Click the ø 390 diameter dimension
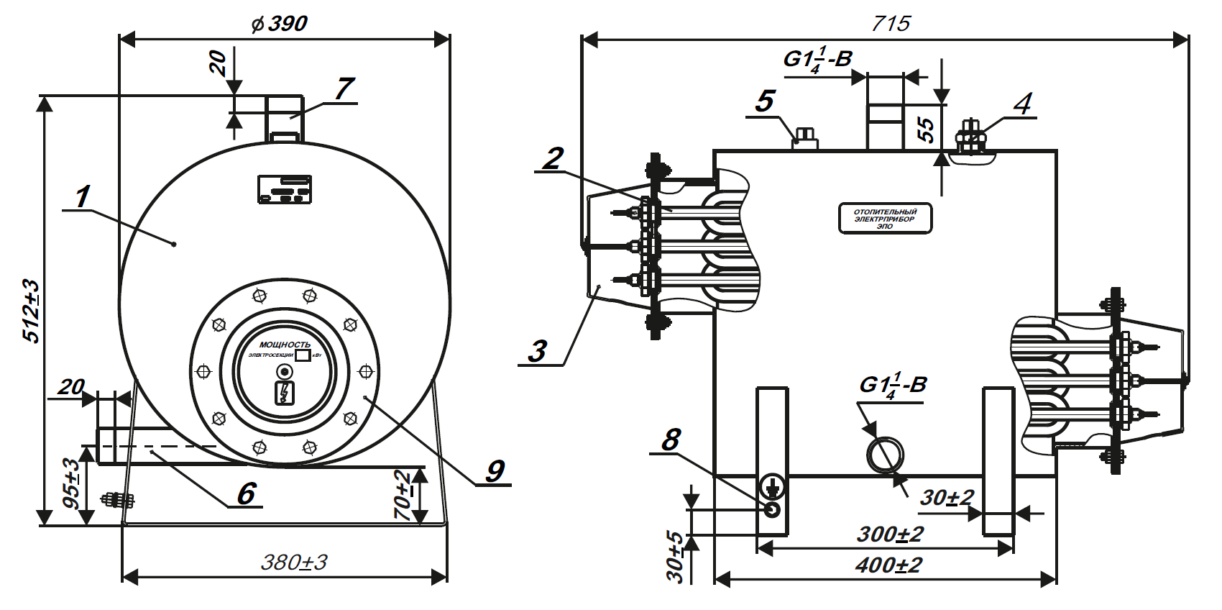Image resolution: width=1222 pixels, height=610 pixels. coord(280,24)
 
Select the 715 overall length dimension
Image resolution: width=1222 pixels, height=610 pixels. coord(891,24)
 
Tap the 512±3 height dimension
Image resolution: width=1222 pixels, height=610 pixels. coord(31,311)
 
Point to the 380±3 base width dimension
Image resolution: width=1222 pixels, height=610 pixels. coord(293,562)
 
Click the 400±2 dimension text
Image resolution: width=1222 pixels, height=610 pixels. coord(888,565)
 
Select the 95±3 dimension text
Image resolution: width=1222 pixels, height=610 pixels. coord(73,483)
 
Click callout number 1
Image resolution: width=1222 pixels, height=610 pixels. coord(83,196)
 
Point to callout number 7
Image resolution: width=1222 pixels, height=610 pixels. coord(344,88)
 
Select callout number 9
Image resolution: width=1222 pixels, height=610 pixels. coord(495,471)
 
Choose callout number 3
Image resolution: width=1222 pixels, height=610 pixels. coord(538,352)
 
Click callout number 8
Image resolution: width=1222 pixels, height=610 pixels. coord(671,439)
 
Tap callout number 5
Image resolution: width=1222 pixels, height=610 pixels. coord(765,101)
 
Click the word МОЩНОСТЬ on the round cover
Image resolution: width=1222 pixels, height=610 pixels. coord(285,345)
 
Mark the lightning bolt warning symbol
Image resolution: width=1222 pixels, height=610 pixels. coord(285,393)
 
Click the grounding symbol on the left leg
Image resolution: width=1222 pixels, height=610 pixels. coord(773,486)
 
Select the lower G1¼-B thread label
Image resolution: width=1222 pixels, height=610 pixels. coord(893,386)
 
